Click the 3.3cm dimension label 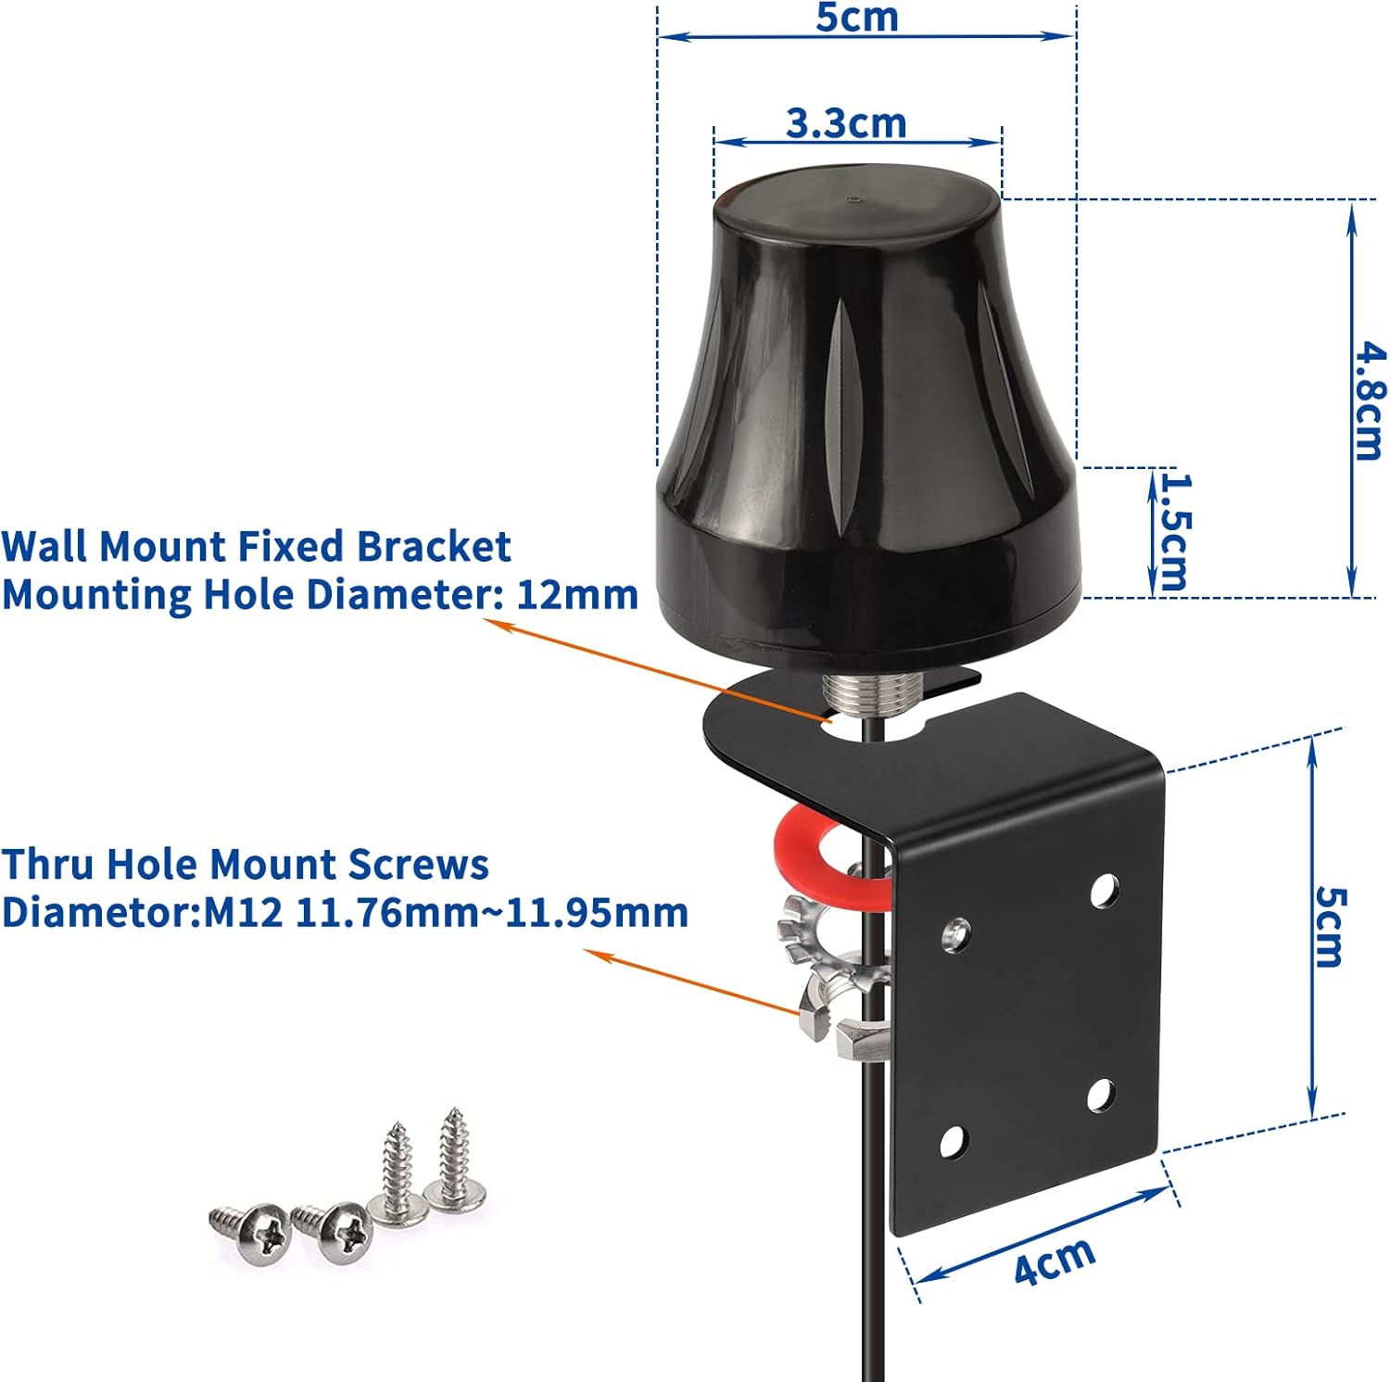846,123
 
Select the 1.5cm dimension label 1173,532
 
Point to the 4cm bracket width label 1054,1261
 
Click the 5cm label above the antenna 857,17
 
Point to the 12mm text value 576,594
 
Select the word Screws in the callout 418,864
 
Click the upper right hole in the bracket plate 1103,891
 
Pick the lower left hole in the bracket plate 953,1142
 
